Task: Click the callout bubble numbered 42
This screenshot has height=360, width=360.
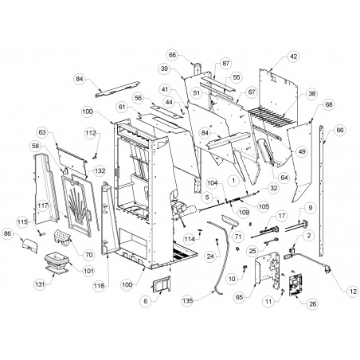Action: point(293,57)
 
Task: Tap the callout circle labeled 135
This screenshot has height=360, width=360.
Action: point(188,301)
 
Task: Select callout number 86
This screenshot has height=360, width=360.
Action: point(8,233)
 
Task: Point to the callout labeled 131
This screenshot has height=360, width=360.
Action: point(40,284)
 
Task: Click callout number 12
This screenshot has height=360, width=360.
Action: point(353,292)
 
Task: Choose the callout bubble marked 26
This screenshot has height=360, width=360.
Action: point(313,303)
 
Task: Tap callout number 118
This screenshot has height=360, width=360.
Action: point(99,285)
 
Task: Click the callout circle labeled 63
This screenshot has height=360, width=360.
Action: point(42,132)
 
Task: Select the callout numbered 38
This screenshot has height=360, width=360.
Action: point(312,94)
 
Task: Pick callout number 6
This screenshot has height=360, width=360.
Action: point(145,301)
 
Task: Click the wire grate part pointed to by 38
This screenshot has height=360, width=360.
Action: point(272,119)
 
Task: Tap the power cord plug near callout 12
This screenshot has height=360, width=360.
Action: point(327,271)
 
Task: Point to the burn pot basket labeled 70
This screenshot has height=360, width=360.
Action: point(63,237)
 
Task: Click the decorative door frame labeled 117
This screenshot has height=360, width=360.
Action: point(77,204)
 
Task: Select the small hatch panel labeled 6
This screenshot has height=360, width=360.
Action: point(161,284)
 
